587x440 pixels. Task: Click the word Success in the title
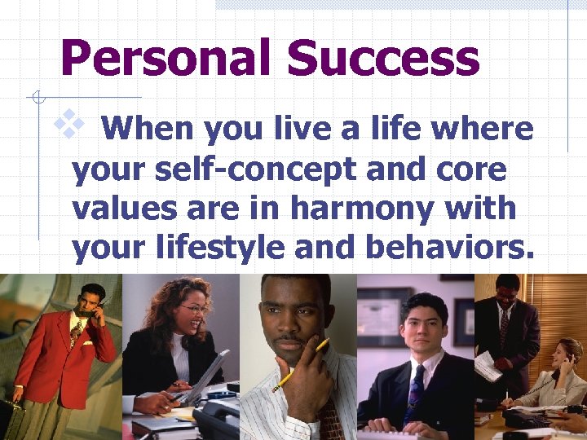pos(383,59)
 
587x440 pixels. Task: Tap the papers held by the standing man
pos(488,367)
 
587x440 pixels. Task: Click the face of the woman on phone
pos(562,354)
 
